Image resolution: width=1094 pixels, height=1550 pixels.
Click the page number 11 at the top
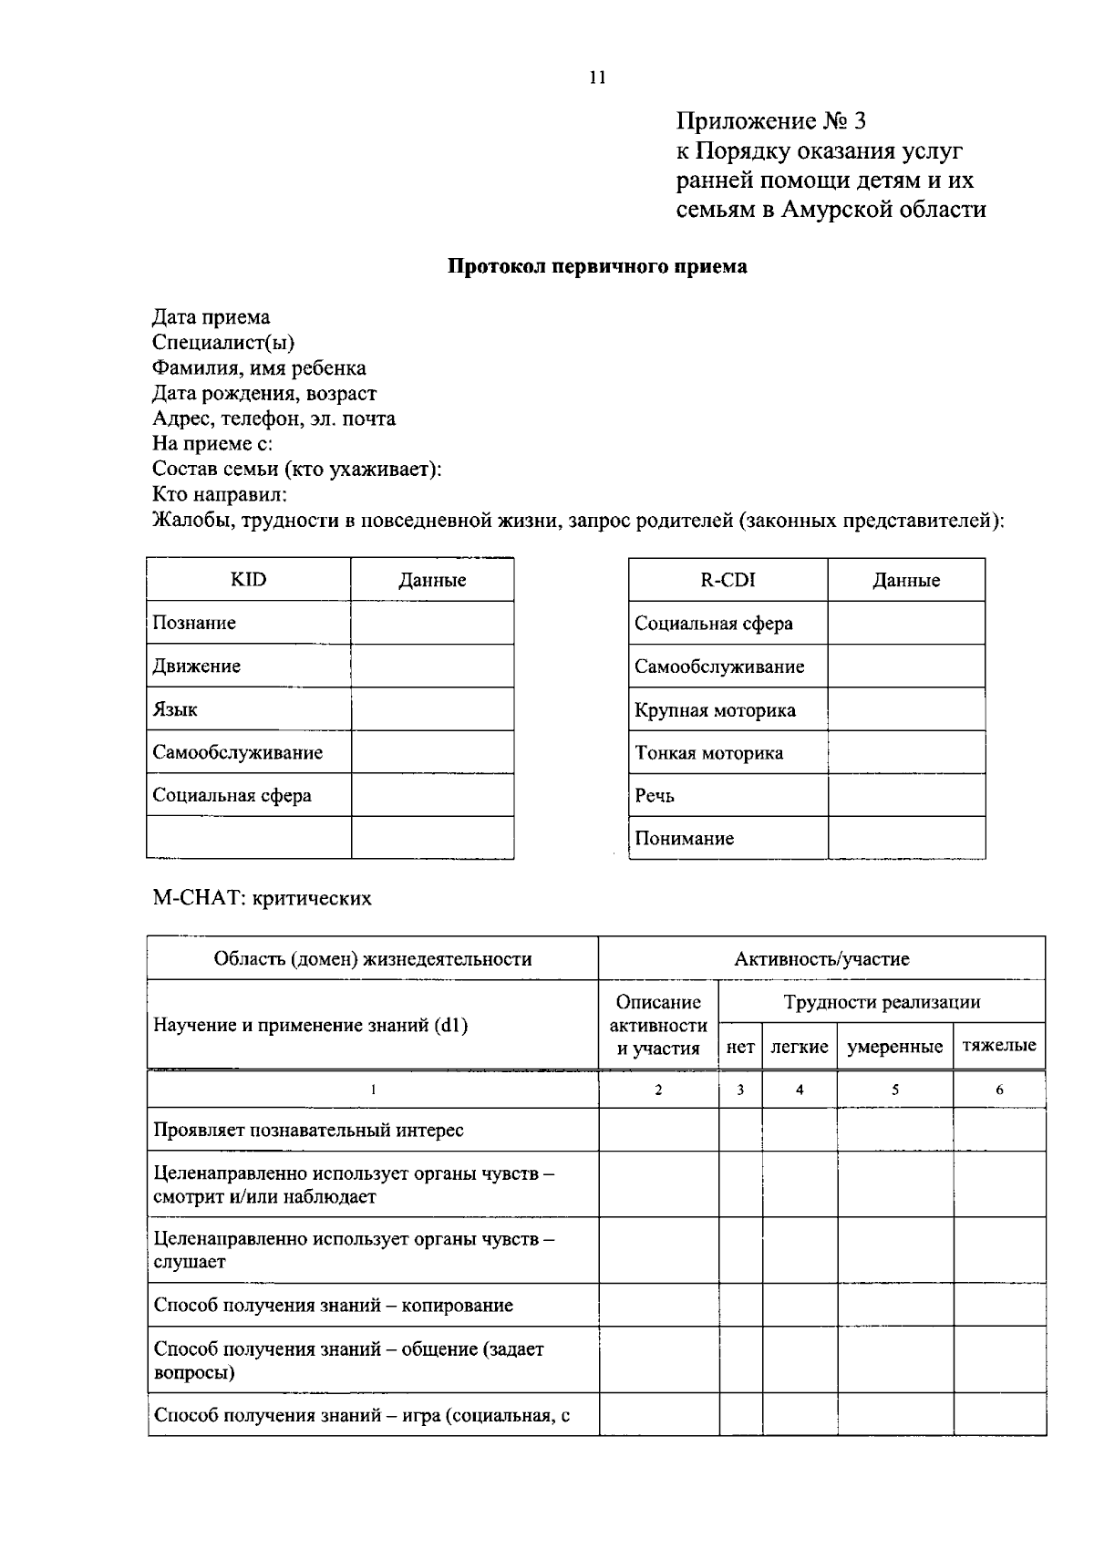click(x=597, y=77)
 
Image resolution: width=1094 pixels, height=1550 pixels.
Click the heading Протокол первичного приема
click(x=597, y=267)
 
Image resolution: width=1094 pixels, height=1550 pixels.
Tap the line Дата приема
click(x=211, y=317)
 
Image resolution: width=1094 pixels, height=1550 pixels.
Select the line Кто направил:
click(x=220, y=495)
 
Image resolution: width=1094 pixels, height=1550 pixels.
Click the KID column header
click(x=248, y=580)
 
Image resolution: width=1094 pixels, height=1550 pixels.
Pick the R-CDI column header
click(x=728, y=580)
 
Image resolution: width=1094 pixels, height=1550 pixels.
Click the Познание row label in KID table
click(x=194, y=623)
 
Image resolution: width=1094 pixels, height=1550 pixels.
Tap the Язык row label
click(x=175, y=709)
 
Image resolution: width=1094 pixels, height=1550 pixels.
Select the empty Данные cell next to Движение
click(x=432, y=666)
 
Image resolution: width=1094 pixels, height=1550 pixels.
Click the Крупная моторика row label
click(x=715, y=710)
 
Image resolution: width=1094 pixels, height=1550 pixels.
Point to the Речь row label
click(x=655, y=796)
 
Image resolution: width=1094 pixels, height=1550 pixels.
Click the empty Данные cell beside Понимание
click(x=906, y=838)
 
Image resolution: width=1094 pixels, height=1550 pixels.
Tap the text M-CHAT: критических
click(x=262, y=898)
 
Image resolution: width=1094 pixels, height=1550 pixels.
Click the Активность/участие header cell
click(x=821, y=958)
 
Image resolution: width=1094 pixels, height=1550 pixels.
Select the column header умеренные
click(x=894, y=1047)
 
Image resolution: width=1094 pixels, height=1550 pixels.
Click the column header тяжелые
click(x=999, y=1046)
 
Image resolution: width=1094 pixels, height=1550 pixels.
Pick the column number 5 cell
click(x=894, y=1090)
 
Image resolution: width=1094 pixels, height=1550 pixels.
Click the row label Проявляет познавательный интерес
click(x=308, y=1130)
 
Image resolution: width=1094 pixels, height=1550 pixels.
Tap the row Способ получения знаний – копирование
click(x=333, y=1305)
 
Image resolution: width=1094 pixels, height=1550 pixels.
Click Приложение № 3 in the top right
click(x=770, y=121)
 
